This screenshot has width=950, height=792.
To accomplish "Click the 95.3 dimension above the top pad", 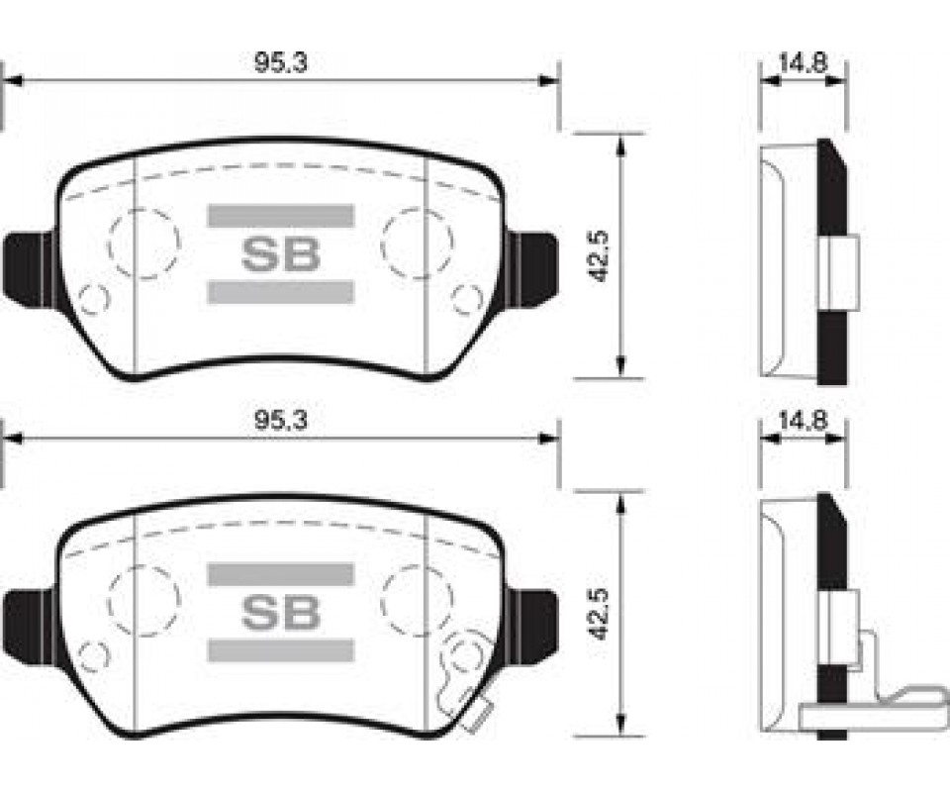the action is [x=280, y=63].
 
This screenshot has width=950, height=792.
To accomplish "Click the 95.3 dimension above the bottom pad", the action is [x=280, y=420].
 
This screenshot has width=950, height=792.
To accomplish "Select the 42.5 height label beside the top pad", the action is [x=600, y=255].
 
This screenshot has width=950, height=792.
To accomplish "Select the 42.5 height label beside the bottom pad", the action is [x=600, y=613].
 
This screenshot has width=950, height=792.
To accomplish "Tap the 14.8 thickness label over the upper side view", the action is [x=803, y=63].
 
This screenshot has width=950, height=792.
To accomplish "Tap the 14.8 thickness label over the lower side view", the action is [x=803, y=420].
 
